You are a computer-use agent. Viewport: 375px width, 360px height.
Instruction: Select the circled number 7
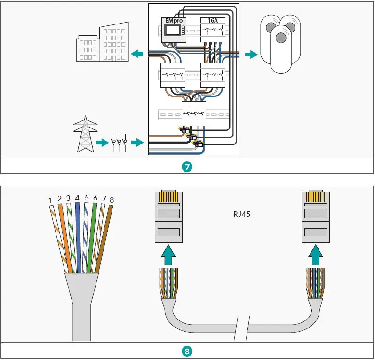coord(187,167)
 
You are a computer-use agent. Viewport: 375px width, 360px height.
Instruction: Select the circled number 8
coord(187,351)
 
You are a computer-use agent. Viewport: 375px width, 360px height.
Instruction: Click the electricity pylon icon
coord(85,135)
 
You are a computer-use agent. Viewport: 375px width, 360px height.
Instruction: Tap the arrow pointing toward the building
coord(137,54)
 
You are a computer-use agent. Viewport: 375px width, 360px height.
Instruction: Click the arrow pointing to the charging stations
coord(251,54)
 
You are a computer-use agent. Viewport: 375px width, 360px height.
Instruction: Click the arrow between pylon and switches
coord(101,142)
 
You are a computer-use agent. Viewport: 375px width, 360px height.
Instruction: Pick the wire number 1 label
coord(50,201)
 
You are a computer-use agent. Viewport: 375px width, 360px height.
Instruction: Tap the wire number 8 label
coord(112,200)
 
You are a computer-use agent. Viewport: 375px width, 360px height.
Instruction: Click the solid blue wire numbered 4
coord(78,235)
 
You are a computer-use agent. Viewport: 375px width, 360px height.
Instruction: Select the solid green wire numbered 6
coord(93,235)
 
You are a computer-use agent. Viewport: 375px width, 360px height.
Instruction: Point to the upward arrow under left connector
coord(168,257)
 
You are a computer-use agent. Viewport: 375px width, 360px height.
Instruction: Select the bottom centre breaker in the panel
coord(194,113)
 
